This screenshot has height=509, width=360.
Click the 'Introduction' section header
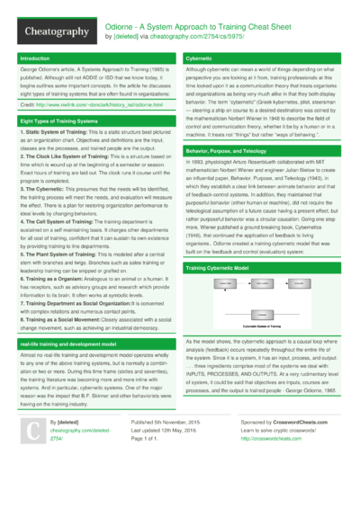coord(36,58)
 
